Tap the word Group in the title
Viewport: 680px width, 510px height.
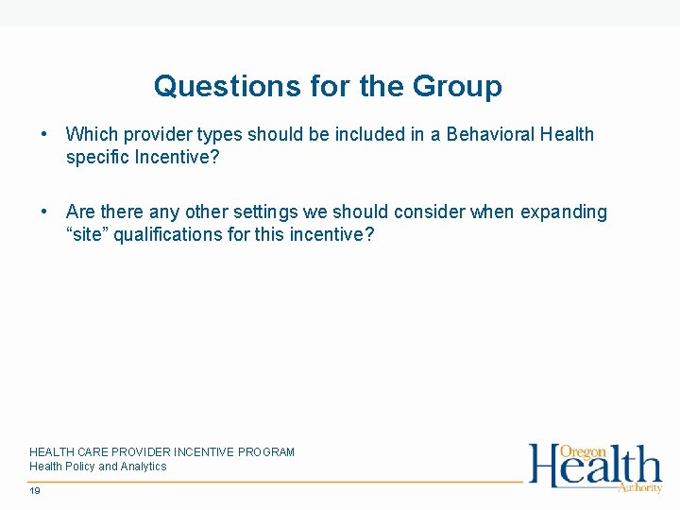coord(457,87)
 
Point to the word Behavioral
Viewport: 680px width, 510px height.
coord(491,134)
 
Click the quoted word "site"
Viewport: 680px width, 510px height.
coord(87,234)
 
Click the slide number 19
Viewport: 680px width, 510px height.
coord(35,491)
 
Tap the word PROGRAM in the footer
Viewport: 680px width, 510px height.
coord(267,452)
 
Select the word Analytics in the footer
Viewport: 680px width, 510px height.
coord(142,467)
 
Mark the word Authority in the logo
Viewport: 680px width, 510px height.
coord(639,487)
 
